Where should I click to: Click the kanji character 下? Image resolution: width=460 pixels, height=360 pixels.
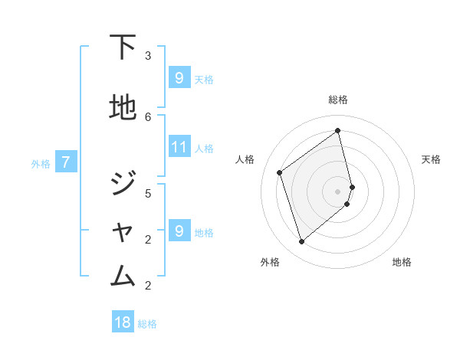click(123, 47)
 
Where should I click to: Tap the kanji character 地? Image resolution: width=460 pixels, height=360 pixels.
click(123, 109)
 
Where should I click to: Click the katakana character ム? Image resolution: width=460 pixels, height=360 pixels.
click(123, 273)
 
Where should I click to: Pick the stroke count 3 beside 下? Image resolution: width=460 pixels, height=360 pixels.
click(148, 56)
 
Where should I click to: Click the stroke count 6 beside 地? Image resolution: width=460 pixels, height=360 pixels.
click(148, 116)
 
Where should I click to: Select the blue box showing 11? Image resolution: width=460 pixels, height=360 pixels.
click(179, 147)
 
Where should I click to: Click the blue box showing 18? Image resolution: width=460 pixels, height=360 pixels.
click(123, 322)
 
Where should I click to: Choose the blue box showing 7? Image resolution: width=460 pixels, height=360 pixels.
click(66, 162)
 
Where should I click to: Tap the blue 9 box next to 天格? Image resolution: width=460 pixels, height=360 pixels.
click(179, 78)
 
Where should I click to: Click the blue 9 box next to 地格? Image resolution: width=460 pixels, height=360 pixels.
click(179, 231)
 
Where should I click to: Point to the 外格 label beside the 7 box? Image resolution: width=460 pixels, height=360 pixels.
click(41, 163)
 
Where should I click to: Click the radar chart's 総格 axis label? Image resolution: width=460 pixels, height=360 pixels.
click(338, 100)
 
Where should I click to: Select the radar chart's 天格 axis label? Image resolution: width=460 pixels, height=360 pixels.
click(431, 159)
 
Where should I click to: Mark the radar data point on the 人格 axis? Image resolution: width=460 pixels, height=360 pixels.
click(280, 172)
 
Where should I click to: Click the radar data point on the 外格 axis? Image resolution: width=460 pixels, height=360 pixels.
click(301, 242)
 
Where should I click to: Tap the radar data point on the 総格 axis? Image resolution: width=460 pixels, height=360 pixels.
click(338, 130)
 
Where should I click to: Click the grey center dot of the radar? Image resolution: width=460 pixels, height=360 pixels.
click(338, 191)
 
